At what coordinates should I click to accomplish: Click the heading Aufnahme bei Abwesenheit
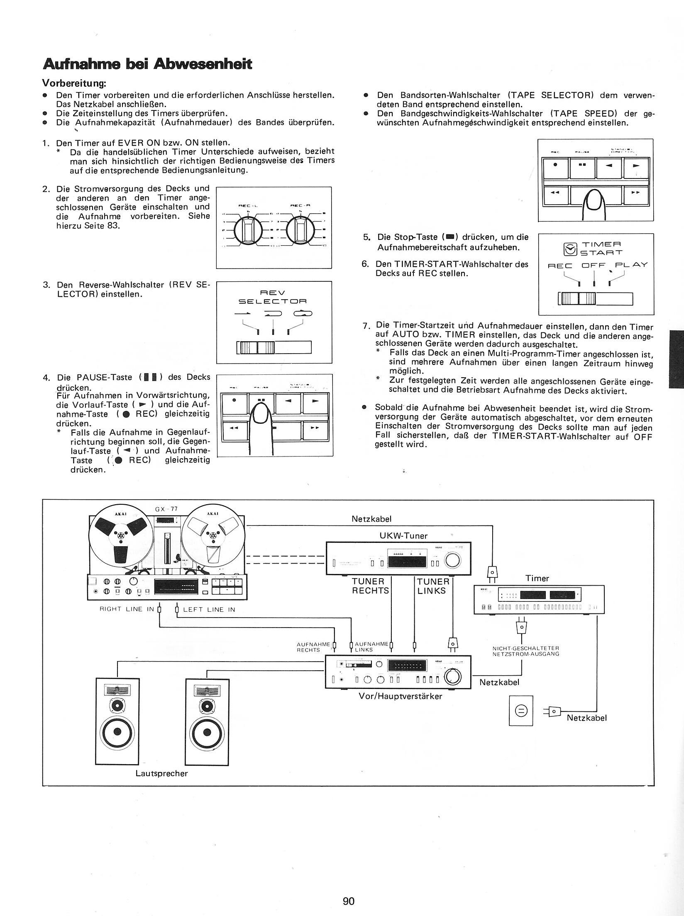[x=147, y=64]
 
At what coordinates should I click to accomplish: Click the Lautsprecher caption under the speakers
[x=162, y=773]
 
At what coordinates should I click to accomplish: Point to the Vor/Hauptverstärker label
[x=401, y=696]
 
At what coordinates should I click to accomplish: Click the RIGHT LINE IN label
[x=127, y=609]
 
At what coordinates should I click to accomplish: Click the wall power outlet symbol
[x=520, y=711]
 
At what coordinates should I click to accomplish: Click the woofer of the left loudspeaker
[x=117, y=743]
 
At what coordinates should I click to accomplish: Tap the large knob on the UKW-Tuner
[x=453, y=561]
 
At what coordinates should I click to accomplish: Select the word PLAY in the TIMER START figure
[x=631, y=265]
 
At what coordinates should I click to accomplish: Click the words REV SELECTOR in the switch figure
[x=273, y=296]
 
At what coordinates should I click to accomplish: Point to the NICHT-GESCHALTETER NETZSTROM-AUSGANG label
[x=526, y=651]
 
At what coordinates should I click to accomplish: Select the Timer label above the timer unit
[x=537, y=578]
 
